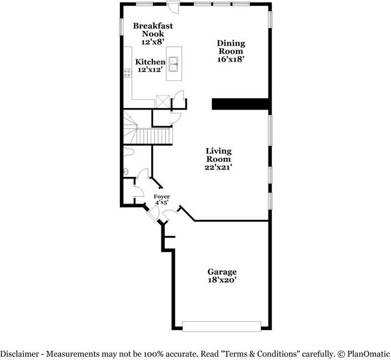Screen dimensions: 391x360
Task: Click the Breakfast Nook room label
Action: click(x=153, y=30)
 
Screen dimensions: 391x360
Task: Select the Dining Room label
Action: click(x=231, y=47)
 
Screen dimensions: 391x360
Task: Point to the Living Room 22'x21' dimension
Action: click(x=218, y=167)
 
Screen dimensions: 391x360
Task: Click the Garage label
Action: click(x=222, y=271)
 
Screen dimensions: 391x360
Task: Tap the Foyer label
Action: click(x=161, y=196)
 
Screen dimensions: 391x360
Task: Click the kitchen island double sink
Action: click(x=173, y=64)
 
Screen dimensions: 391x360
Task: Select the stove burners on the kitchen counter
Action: click(x=127, y=73)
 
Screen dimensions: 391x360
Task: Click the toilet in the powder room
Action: click(x=129, y=152)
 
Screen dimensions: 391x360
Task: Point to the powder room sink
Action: click(x=126, y=171)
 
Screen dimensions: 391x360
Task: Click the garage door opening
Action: click(x=221, y=327)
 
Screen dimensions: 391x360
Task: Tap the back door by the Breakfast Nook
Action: click(x=173, y=6)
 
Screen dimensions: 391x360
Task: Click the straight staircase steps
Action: click(x=154, y=136)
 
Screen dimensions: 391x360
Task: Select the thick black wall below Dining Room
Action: click(x=240, y=104)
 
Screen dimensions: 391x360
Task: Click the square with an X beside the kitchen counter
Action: click(x=163, y=101)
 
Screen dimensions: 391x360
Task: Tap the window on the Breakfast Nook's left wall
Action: click(x=122, y=26)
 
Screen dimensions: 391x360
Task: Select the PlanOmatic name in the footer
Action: click(x=368, y=354)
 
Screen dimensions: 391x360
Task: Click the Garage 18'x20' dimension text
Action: click(x=222, y=280)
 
